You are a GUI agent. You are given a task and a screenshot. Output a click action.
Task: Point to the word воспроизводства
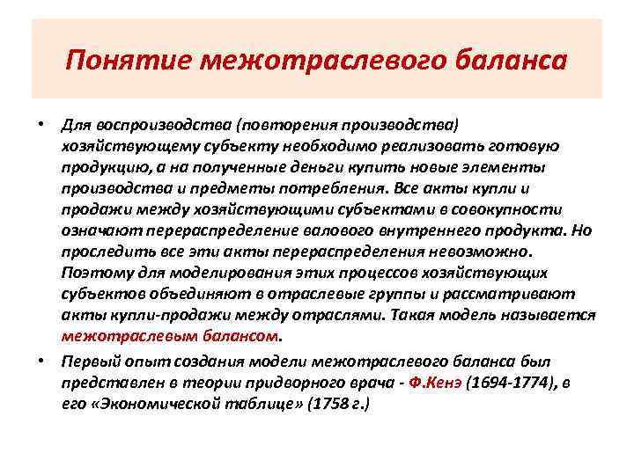[x=147, y=123]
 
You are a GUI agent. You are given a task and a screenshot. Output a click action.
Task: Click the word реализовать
[x=418, y=145]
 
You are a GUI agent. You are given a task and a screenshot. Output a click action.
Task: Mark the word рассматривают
[x=520, y=294]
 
